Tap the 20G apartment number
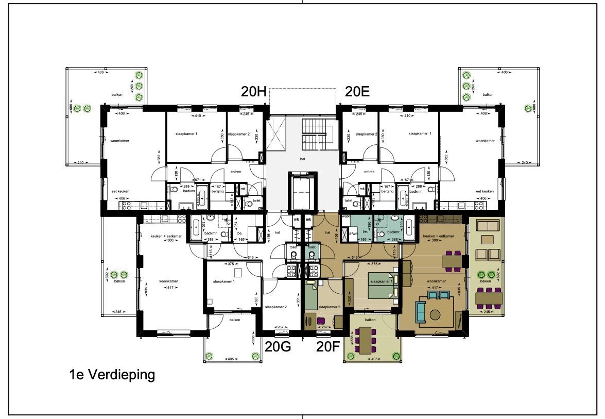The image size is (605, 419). (278, 346)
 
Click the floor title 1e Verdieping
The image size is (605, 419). (112, 375)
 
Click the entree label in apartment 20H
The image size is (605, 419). (236, 172)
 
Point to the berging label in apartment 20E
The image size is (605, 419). (387, 191)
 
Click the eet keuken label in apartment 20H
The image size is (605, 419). (121, 191)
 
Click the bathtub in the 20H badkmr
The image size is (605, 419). (202, 197)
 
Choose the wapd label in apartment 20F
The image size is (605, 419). (345, 217)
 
